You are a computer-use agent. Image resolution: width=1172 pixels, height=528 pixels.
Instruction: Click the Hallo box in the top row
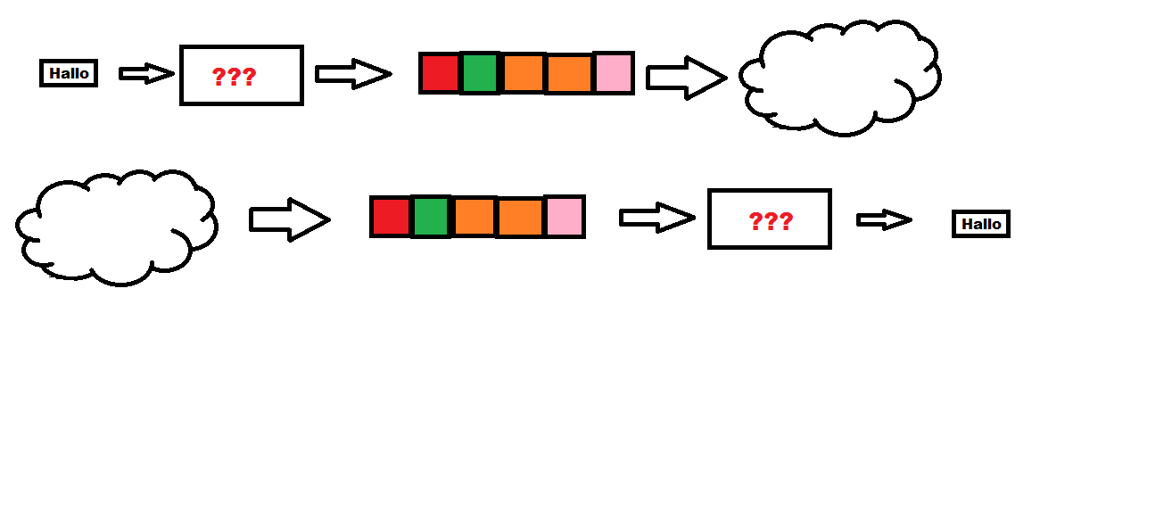pyautogui.click(x=69, y=73)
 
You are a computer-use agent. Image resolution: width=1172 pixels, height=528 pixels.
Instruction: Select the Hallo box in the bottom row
pyautogui.click(x=981, y=224)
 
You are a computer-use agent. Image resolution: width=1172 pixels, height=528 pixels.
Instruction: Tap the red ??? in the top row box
pyautogui.click(x=234, y=77)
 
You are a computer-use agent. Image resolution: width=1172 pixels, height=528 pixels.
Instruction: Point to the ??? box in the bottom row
pyautogui.click(x=770, y=219)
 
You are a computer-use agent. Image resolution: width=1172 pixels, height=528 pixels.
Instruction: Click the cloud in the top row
pyautogui.click(x=840, y=78)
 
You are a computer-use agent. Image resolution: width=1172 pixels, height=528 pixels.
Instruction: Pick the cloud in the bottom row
pyautogui.click(x=116, y=227)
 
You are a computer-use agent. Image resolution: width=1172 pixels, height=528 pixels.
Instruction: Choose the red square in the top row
pyautogui.click(x=440, y=73)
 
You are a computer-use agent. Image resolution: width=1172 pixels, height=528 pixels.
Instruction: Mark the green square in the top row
pyautogui.click(x=482, y=73)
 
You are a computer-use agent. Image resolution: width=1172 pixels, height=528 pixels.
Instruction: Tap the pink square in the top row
pyautogui.click(x=613, y=73)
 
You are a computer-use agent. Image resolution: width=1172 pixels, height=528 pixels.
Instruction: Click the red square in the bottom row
pyautogui.click(x=391, y=217)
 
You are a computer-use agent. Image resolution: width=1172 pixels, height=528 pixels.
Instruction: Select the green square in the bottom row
pyautogui.click(x=432, y=217)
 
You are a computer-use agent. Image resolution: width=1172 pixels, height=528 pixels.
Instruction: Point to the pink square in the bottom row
pyautogui.click(x=564, y=217)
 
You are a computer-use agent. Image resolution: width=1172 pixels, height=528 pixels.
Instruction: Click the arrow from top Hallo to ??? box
pyautogui.click(x=146, y=73)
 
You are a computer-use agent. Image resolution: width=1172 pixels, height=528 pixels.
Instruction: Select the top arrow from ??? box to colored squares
pyautogui.click(x=353, y=74)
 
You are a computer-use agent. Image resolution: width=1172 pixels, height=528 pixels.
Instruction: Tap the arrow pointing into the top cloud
pyautogui.click(x=686, y=78)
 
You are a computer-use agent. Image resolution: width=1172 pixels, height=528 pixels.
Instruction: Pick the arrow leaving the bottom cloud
pyautogui.click(x=289, y=219)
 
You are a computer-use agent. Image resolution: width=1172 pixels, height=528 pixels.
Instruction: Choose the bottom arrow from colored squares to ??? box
pyautogui.click(x=656, y=218)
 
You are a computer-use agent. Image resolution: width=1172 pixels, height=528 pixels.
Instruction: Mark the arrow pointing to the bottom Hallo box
pyautogui.click(x=884, y=219)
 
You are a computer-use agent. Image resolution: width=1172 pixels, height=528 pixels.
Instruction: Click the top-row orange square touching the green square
pyautogui.click(x=524, y=73)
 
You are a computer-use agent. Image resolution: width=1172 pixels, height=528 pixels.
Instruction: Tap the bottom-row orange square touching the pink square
pyautogui.click(x=520, y=217)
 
